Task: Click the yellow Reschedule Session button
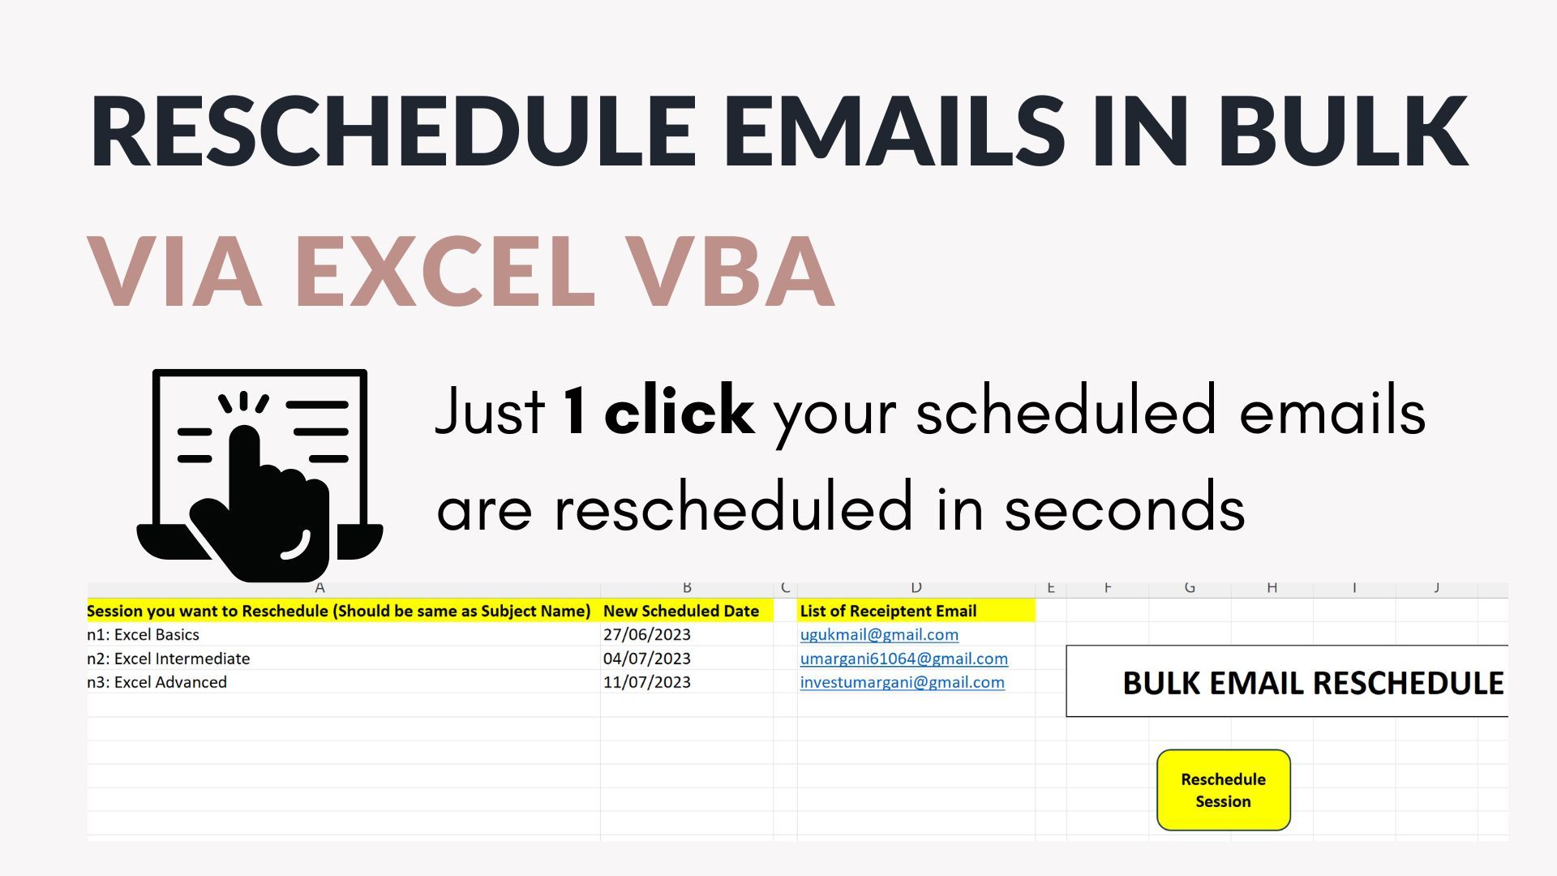(x=1223, y=790)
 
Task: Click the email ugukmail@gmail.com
(x=879, y=634)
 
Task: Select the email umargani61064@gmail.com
(x=903, y=659)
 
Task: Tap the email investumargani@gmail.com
(x=902, y=682)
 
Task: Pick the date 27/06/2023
(x=646, y=634)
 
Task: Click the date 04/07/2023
(x=646, y=659)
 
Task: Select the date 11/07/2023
(x=646, y=682)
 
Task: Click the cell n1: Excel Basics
(x=144, y=634)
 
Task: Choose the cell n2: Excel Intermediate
(x=169, y=659)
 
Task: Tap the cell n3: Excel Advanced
(x=157, y=682)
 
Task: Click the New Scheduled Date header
(x=680, y=611)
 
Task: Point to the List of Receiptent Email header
(x=888, y=611)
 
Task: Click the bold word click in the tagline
(x=679, y=410)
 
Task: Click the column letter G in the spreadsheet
(x=1190, y=587)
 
